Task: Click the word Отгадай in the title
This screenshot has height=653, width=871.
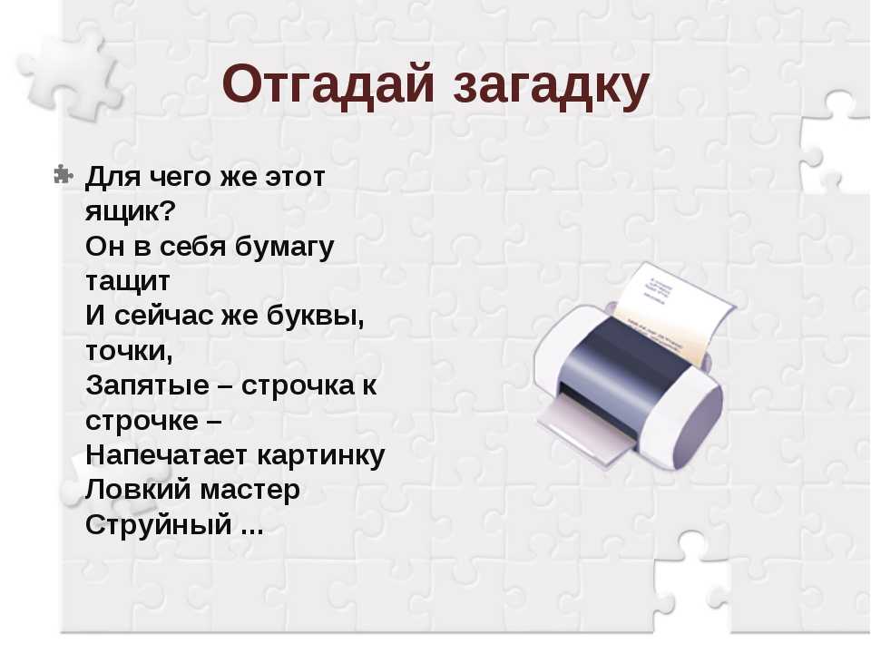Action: click(x=328, y=85)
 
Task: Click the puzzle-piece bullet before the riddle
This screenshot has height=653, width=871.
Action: click(x=64, y=174)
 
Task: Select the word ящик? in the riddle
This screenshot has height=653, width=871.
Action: click(x=131, y=212)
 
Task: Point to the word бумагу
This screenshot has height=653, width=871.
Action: click(x=284, y=248)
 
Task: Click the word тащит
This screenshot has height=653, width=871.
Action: click(x=128, y=282)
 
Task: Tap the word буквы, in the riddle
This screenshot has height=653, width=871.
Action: click(x=315, y=316)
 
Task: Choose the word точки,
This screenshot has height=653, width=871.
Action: click(x=129, y=352)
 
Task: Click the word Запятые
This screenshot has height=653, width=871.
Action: click(x=147, y=385)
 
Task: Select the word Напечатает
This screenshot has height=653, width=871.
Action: click(x=166, y=454)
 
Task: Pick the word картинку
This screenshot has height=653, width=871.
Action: click(x=321, y=456)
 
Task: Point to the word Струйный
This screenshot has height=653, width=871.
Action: click(x=158, y=525)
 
